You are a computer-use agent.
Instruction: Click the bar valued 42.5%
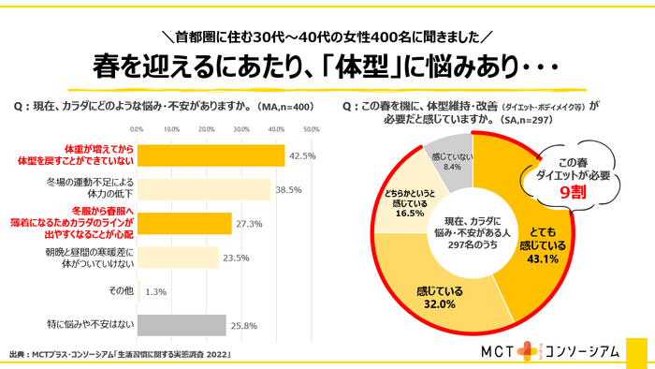coord(211,155)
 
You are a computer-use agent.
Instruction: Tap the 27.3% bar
coord(184,223)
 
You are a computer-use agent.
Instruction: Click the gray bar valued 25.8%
coord(182,325)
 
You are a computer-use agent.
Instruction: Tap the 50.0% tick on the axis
coord(312,128)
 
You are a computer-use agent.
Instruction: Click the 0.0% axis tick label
coord(138,128)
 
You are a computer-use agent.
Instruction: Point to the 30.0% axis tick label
coord(242,128)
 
